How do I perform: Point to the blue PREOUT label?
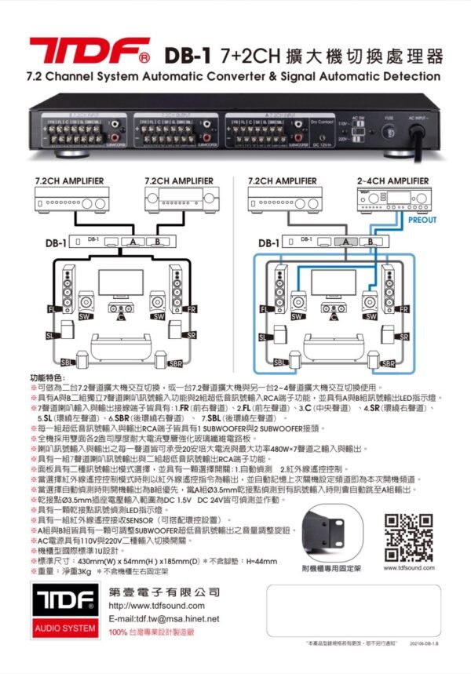click(423, 220)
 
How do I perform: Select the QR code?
click(410, 535)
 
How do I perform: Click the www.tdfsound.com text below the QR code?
click(410, 567)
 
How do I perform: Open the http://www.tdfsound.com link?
click(156, 606)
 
